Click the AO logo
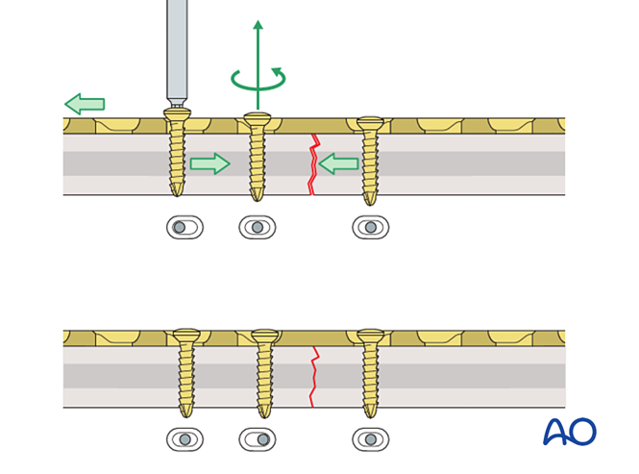pyautogui.click(x=569, y=432)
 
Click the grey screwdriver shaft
pyautogui.click(x=177, y=48)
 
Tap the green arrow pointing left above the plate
pyautogui.click(x=85, y=104)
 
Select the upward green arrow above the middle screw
pyautogui.click(x=258, y=48)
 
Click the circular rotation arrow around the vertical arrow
pyautogui.click(x=258, y=81)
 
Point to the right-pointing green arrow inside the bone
pyautogui.click(x=209, y=164)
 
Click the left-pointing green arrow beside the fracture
pyautogui.click(x=338, y=164)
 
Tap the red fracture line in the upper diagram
pyautogui.click(x=312, y=165)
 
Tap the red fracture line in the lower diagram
pyautogui.click(x=312, y=377)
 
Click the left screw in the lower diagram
pyautogui.click(x=185, y=371)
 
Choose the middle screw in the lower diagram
pyautogui.click(x=264, y=371)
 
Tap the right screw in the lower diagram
pyautogui.click(x=370, y=371)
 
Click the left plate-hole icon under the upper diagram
pyautogui.click(x=184, y=228)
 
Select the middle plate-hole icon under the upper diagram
pyautogui.click(x=257, y=228)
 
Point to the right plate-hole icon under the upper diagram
pyautogui.click(x=370, y=228)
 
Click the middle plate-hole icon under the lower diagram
pyautogui.click(x=257, y=439)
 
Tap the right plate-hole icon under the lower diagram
pyautogui.click(x=370, y=439)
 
